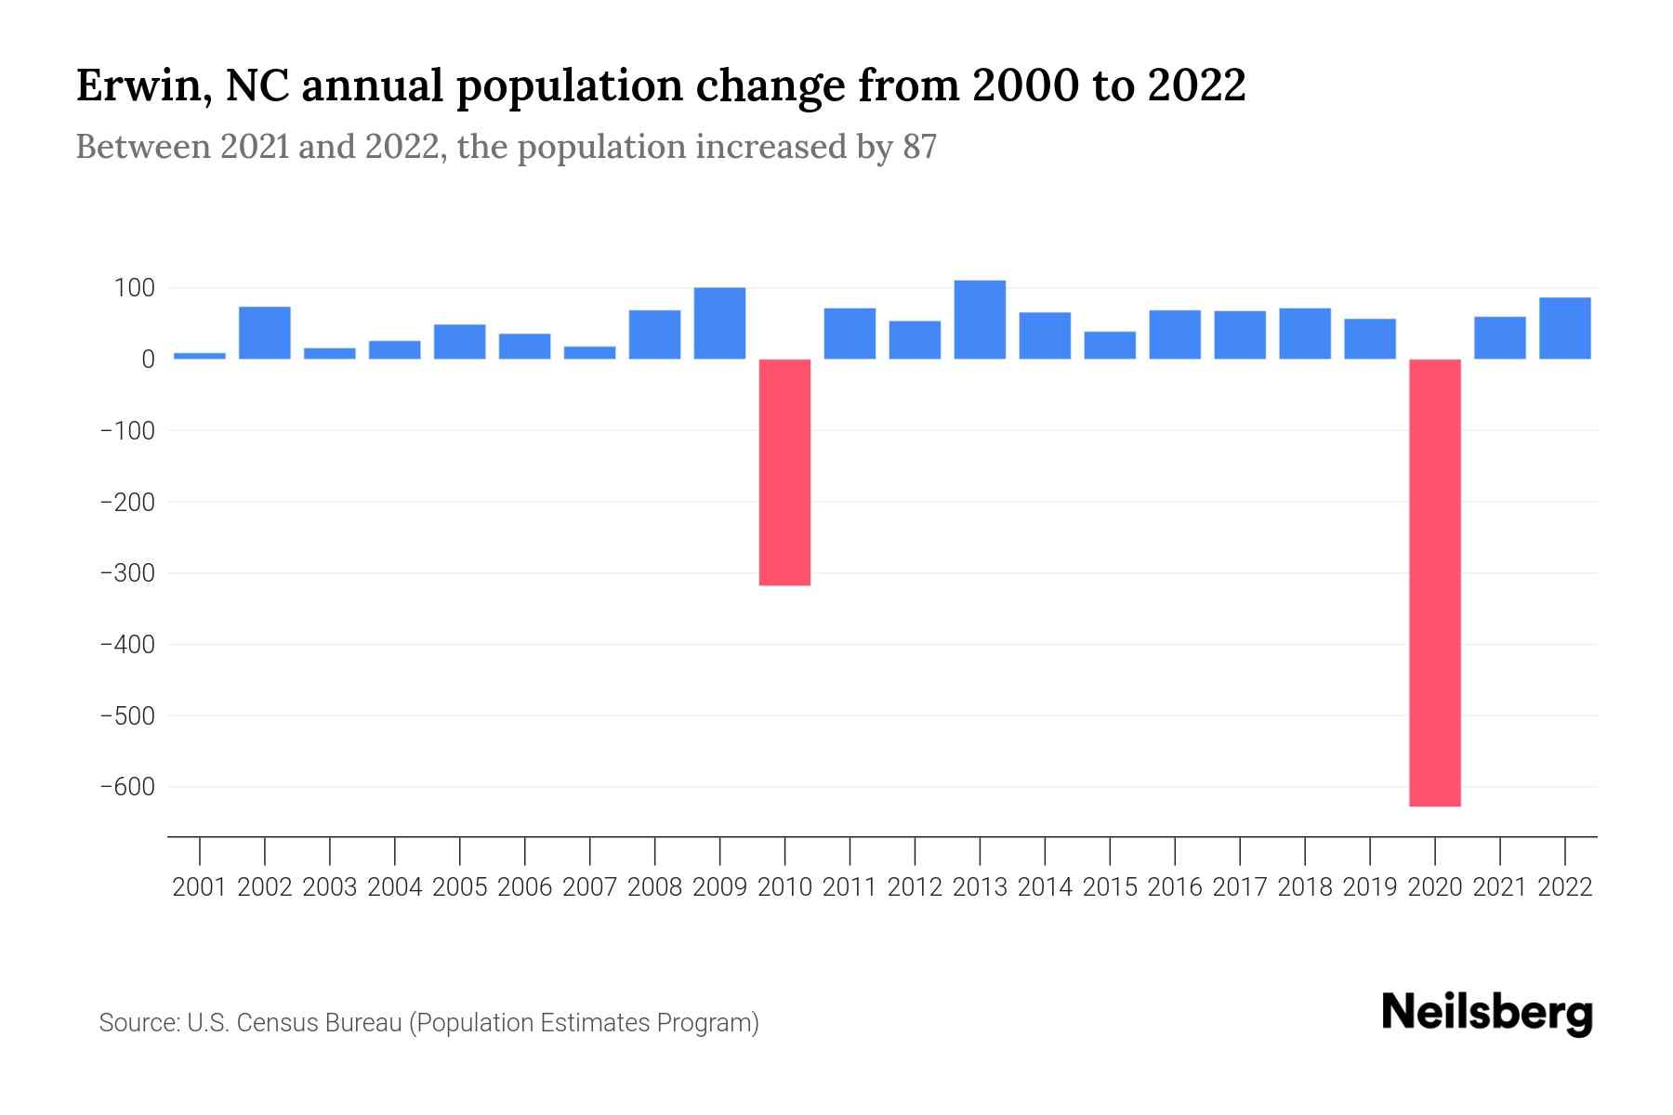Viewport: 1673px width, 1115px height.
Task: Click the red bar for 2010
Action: coord(784,472)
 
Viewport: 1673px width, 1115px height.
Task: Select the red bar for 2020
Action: coord(1435,583)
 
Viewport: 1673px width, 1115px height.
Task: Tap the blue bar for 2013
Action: coord(980,320)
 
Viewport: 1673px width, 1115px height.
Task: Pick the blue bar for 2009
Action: coord(719,323)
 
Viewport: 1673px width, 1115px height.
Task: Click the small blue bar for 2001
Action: coord(200,356)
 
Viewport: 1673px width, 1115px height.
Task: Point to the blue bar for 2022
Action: coord(1565,328)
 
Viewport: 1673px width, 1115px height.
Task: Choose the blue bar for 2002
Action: coord(265,333)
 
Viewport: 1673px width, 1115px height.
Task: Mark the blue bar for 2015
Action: coord(1110,346)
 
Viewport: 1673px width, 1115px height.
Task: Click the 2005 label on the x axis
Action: coord(460,887)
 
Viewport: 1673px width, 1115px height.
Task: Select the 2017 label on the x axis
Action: coord(1240,887)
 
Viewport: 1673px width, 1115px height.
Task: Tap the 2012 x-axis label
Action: coord(915,887)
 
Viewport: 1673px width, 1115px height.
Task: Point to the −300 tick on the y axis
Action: coord(126,573)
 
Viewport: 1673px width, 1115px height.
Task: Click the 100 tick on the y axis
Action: coord(134,288)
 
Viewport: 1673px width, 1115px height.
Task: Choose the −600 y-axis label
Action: coord(126,787)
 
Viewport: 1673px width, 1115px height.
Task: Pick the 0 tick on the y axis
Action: coord(148,360)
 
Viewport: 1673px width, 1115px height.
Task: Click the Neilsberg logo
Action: coord(1487,1013)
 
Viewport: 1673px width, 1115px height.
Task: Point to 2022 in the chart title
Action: coord(1196,86)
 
